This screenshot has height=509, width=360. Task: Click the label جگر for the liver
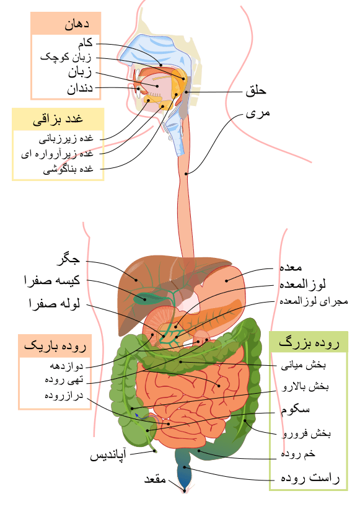(x=68, y=259)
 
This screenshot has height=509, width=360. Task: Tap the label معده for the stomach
(x=291, y=267)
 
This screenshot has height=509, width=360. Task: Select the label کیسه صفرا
(x=52, y=280)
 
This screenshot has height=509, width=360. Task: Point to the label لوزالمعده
(x=302, y=284)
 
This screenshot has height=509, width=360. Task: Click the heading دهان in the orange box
(x=77, y=25)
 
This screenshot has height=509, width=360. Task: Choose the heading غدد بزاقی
(x=58, y=120)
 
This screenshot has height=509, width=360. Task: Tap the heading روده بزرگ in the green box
(x=309, y=343)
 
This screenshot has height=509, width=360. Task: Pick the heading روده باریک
(x=55, y=346)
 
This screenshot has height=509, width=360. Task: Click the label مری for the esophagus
(x=258, y=113)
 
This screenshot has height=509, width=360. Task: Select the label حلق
(x=256, y=91)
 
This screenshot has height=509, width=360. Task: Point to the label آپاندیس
(x=108, y=456)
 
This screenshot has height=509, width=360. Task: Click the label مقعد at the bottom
(x=155, y=479)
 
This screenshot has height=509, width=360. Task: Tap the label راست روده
(x=310, y=478)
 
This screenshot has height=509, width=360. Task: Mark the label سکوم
(x=295, y=410)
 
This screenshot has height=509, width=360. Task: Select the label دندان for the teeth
(x=80, y=88)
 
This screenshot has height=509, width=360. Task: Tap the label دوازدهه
(x=66, y=366)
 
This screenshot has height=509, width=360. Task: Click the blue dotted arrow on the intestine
(x=147, y=417)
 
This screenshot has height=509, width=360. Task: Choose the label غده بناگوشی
(x=68, y=169)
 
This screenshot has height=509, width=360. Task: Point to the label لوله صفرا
(x=55, y=304)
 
